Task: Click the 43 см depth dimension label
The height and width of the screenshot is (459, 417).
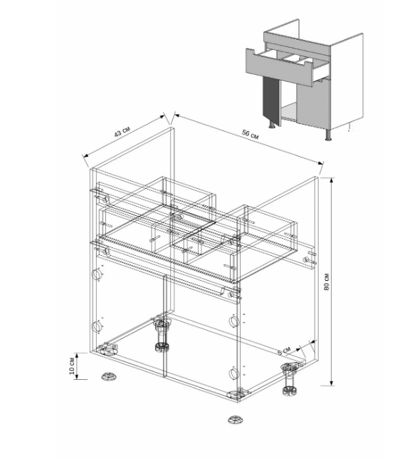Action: coord(122,132)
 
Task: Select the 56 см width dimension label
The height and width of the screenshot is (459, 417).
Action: coord(250,135)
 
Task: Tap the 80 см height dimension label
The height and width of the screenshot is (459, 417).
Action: coord(327,282)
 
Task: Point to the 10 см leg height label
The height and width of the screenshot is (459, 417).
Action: coord(72,366)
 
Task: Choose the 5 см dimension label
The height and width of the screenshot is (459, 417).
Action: coord(285,351)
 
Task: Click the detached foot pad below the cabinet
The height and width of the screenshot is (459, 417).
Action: coord(236,420)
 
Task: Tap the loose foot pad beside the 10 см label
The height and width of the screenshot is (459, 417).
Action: coord(109,376)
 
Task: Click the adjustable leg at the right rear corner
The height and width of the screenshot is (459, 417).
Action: coord(290,378)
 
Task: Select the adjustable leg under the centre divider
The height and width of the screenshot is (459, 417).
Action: coord(162,334)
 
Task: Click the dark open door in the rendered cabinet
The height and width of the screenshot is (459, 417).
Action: coord(270,100)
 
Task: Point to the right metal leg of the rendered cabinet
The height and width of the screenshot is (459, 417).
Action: coord(329,135)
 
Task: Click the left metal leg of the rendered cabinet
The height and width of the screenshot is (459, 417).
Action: coord(272,125)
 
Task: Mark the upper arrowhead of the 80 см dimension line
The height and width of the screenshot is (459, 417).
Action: coord(331,180)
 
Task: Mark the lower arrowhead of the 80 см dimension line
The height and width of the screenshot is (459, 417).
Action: coord(331,383)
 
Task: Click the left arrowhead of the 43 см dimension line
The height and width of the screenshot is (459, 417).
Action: coord(85,155)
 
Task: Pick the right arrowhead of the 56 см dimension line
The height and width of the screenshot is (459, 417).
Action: coord(321,163)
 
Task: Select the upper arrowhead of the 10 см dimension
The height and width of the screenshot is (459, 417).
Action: coord(77,356)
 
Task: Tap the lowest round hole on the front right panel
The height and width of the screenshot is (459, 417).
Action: coord(233,373)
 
